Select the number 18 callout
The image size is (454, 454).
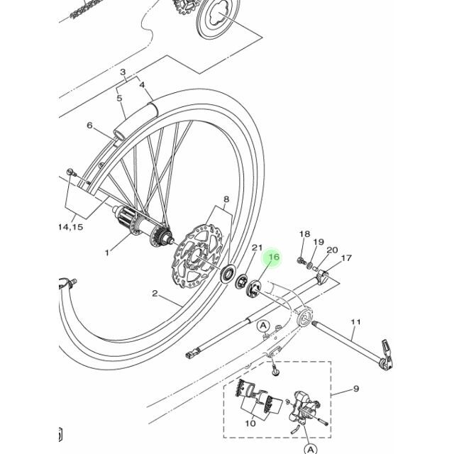point(304,235)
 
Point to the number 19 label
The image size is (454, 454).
point(319,242)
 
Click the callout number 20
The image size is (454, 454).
point(332,250)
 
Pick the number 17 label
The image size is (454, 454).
point(347,258)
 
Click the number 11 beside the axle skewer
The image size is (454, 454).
point(356,322)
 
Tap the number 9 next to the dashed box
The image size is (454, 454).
point(356,389)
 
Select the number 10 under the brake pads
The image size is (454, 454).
point(250,423)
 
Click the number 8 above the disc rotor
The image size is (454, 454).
point(226,200)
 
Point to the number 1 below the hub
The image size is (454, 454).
point(108,252)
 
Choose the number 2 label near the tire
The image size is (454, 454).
point(155,293)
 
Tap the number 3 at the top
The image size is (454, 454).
point(122,72)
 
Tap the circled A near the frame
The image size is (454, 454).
point(263,325)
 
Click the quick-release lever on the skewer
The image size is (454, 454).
point(385,349)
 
